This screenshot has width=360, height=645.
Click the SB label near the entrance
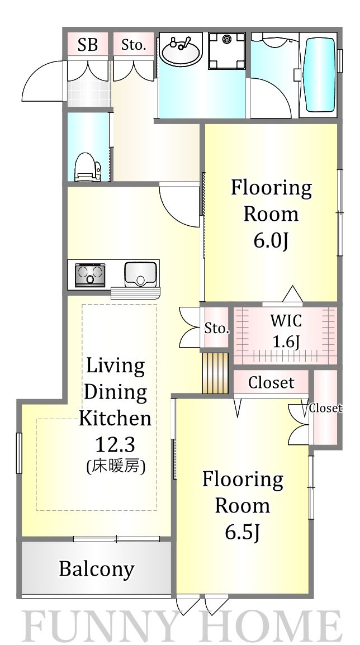pos(87,45)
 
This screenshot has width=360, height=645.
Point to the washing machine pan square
pos(227,50)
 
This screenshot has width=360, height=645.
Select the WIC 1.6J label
pos(286,331)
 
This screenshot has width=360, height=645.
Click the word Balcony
pos(97,569)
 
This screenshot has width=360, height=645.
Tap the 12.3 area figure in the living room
pos(115,445)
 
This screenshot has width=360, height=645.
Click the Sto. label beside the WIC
pos(216,329)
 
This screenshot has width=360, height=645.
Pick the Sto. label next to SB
pos(134,45)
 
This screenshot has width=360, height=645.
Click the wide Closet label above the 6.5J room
pos(271,383)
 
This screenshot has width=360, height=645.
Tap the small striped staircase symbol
pos(216,373)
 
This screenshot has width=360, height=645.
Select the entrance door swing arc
pos(42,81)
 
